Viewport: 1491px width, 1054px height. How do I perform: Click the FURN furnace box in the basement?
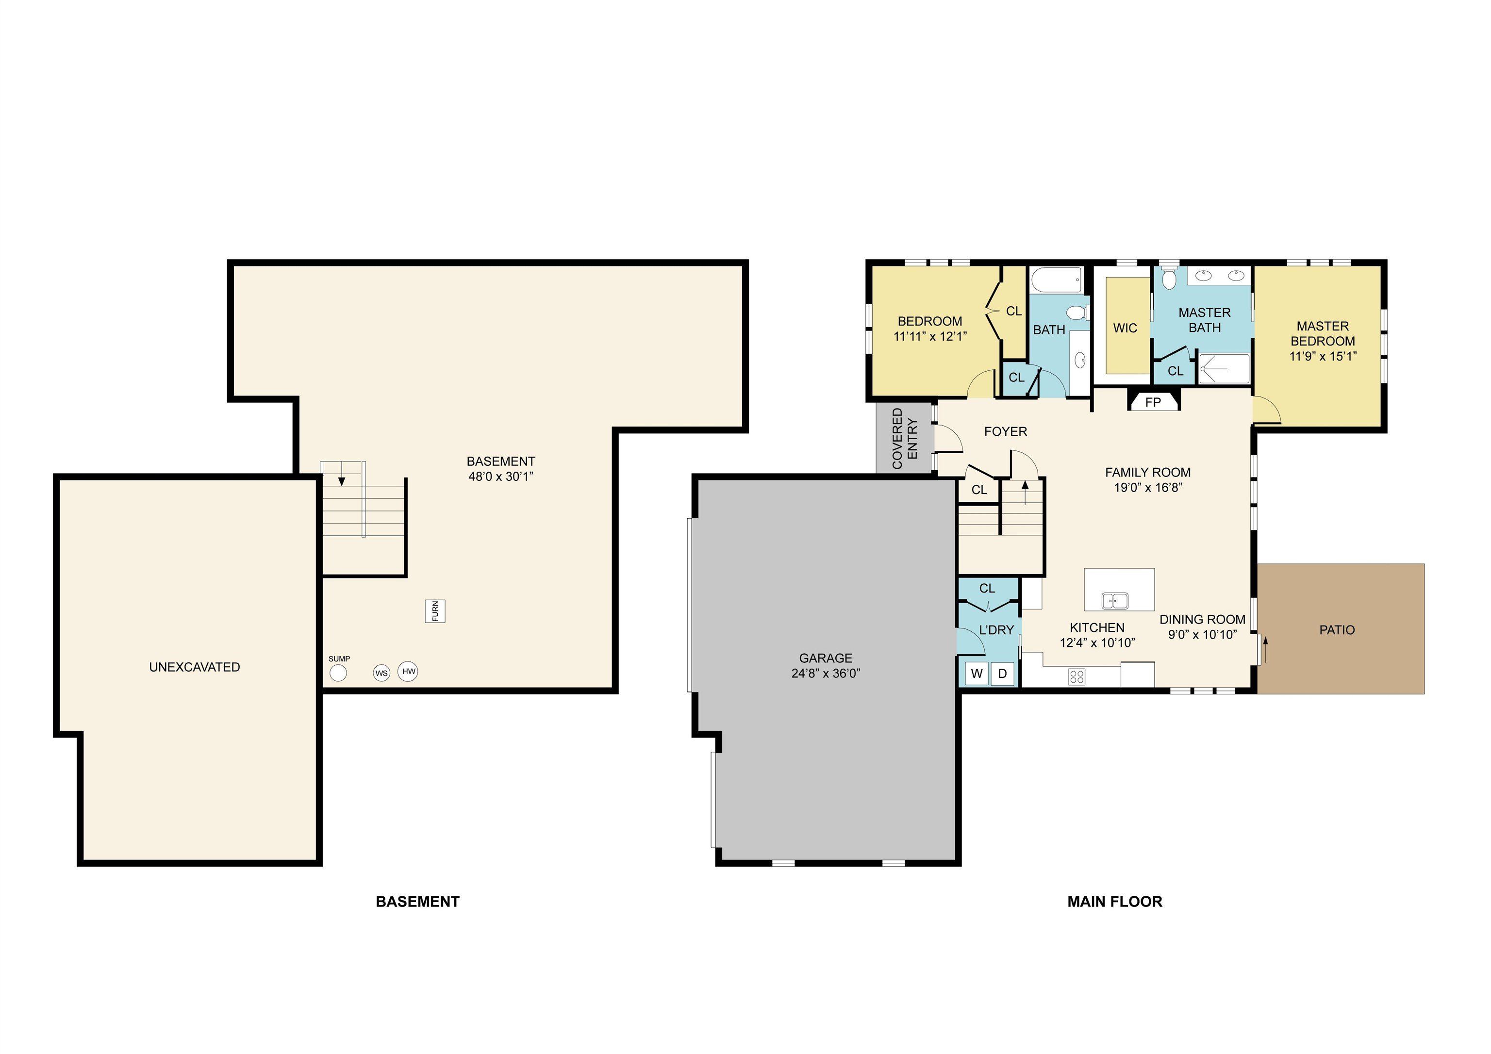(x=435, y=611)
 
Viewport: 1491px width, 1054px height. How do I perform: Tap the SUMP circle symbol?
(x=338, y=673)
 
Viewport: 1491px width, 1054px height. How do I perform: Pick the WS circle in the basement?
(x=381, y=673)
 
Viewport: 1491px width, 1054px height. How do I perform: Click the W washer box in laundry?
(x=977, y=674)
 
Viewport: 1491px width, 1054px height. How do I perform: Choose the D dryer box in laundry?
(x=1002, y=674)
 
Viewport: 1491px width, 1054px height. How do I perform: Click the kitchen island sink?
(x=1114, y=601)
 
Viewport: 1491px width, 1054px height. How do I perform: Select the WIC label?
(x=1125, y=328)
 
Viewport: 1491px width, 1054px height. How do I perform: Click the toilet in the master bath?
(x=1169, y=278)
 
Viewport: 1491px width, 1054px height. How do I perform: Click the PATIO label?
(x=1337, y=629)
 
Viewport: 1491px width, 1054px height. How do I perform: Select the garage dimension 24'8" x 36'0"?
(x=826, y=674)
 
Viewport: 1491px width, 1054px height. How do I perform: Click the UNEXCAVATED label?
(x=194, y=667)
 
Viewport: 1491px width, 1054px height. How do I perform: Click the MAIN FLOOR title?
(x=1114, y=902)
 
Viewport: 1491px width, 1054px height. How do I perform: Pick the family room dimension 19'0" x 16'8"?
(x=1147, y=488)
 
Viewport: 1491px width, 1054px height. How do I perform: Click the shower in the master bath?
(x=1224, y=369)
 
